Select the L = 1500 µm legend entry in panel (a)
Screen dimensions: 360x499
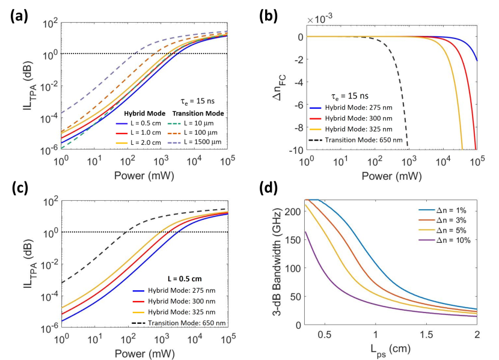tap(202, 144)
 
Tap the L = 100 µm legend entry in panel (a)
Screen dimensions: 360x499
tap(201, 134)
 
